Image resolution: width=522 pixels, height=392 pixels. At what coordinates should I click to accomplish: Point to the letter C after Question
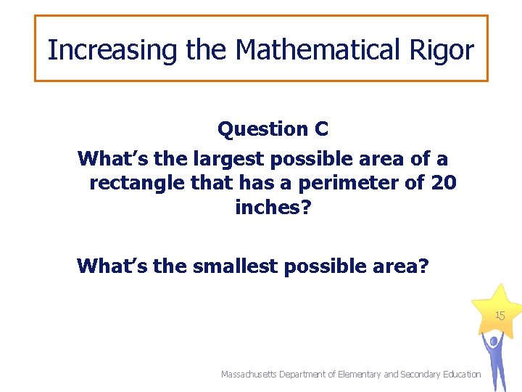[x=321, y=129]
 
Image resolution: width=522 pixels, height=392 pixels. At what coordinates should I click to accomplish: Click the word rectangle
[x=137, y=183]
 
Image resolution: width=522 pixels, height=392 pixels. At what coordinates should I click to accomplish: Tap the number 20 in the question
[x=443, y=183]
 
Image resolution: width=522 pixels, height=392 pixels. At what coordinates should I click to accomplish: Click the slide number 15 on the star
[x=500, y=316]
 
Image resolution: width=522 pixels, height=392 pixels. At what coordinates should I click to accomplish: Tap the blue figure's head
[x=494, y=340]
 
